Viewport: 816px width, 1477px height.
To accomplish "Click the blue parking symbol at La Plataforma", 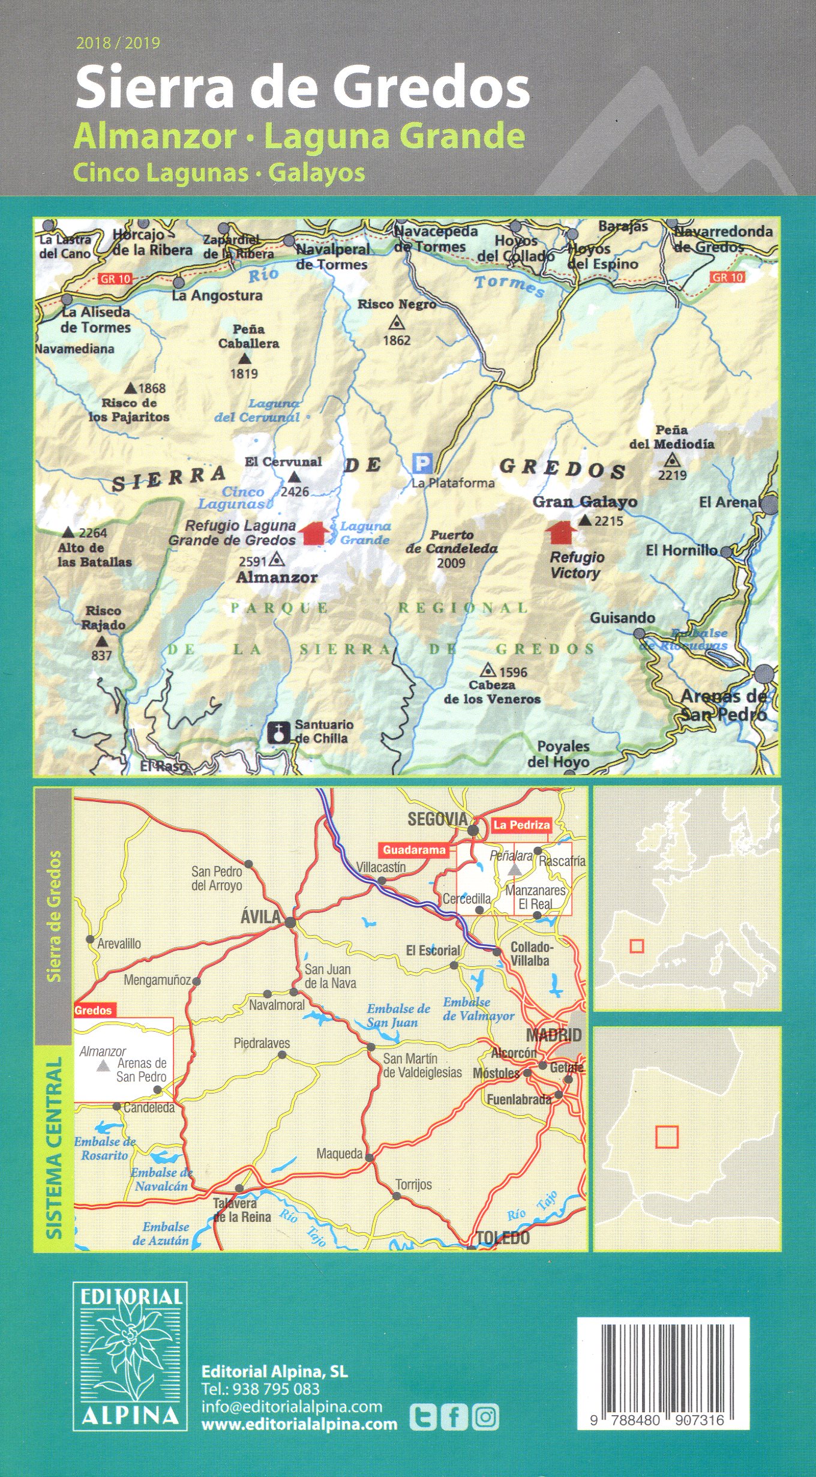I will (422, 463).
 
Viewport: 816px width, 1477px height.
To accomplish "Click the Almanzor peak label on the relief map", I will (277, 577).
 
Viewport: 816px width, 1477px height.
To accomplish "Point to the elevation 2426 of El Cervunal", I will (295, 492).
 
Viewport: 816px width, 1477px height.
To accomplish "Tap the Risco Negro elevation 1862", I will (397, 340).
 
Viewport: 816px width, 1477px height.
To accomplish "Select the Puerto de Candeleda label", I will (451, 541).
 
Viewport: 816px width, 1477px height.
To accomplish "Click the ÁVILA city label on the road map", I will (260, 916).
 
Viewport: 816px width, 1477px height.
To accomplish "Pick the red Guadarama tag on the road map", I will (414, 850).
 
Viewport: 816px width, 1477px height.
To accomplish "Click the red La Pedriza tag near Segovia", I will (521, 825).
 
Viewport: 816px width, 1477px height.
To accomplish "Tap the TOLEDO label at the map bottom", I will (503, 1238).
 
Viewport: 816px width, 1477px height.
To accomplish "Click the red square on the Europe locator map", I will (637, 946).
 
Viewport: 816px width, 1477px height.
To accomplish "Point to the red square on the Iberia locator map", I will (667, 1137).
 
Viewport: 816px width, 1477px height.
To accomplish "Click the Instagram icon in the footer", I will (485, 1418).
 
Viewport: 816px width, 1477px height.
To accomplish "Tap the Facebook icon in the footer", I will (454, 1418).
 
